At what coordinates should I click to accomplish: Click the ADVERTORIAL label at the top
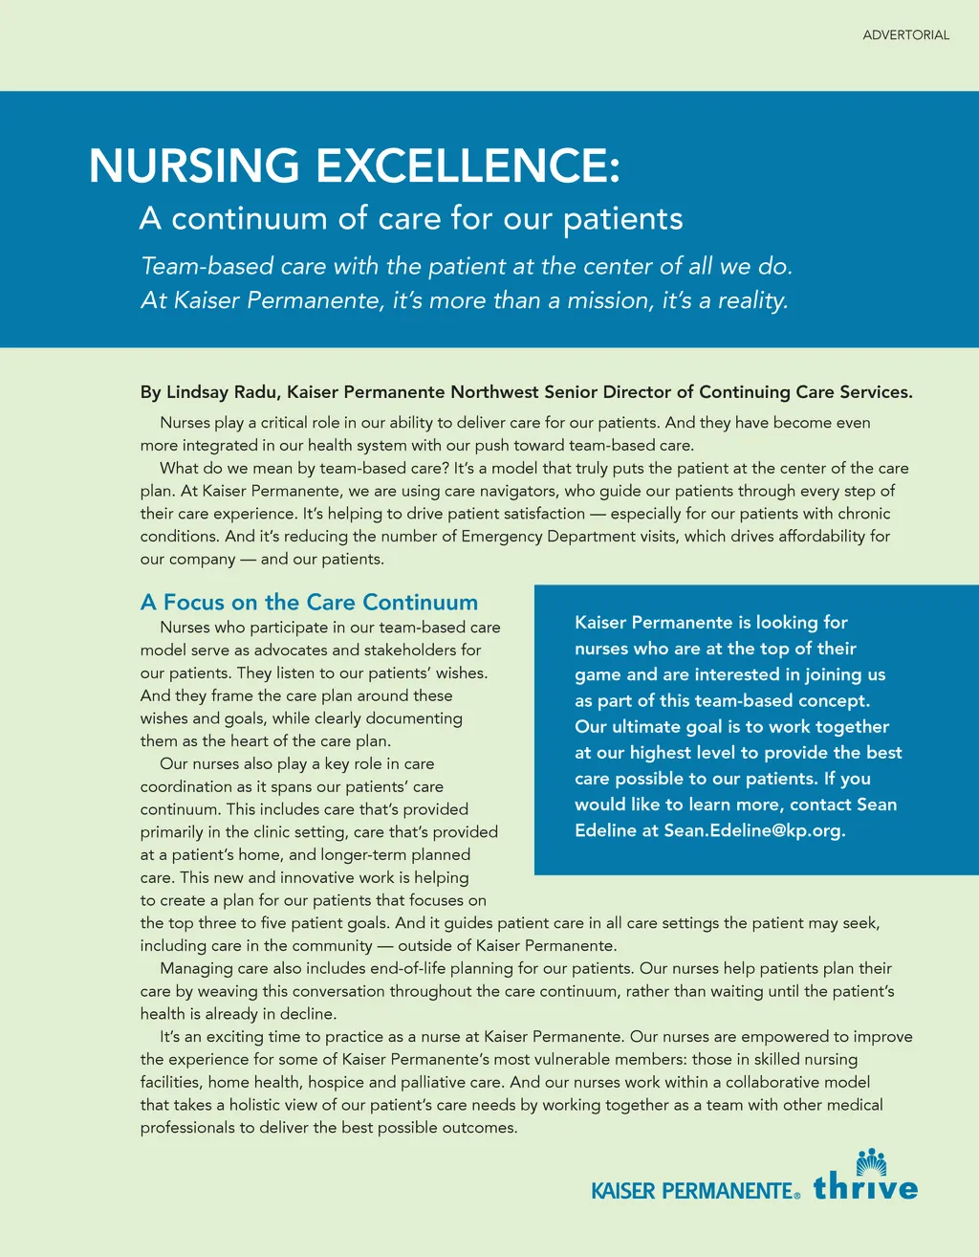(905, 35)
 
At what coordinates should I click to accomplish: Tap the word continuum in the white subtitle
(250, 218)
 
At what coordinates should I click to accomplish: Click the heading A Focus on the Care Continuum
(309, 603)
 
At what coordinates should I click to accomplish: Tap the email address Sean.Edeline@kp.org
(754, 830)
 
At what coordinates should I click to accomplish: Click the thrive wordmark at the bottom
(865, 1188)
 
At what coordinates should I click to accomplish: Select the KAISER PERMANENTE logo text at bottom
(695, 1191)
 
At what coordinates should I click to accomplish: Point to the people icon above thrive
(871, 1160)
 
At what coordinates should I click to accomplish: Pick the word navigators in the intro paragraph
(505, 491)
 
